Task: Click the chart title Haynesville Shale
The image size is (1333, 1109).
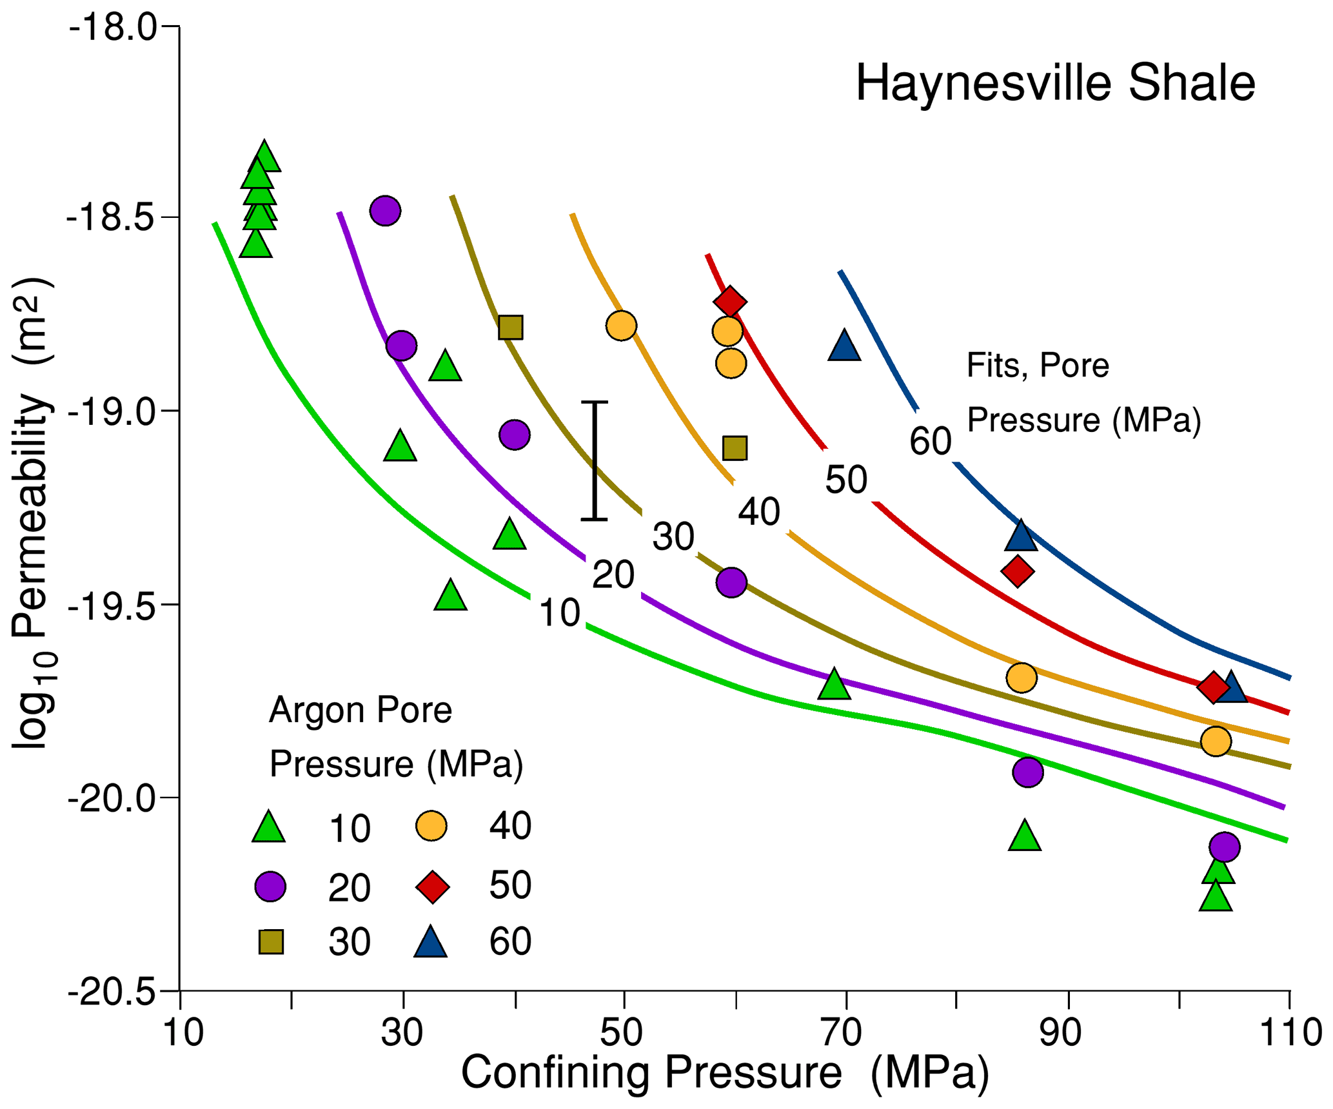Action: [x=1055, y=84]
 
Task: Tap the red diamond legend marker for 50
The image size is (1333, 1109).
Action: [x=432, y=886]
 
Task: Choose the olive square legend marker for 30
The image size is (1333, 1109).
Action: [x=271, y=942]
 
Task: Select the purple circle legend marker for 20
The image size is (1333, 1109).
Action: [x=270, y=887]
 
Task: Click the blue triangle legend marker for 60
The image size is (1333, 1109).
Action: [x=431, y=943]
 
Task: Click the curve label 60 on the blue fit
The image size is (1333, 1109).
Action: [x=930, y=442]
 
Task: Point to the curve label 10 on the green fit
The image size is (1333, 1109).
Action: [x=559, y=613]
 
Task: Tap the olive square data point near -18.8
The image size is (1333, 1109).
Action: [x=511, y=328]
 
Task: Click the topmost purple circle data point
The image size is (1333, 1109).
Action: [x=386, y=210]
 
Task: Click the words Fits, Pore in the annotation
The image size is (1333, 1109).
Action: [x=1037, y=366]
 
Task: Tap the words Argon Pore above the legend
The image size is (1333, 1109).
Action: [x=360, y=711]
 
